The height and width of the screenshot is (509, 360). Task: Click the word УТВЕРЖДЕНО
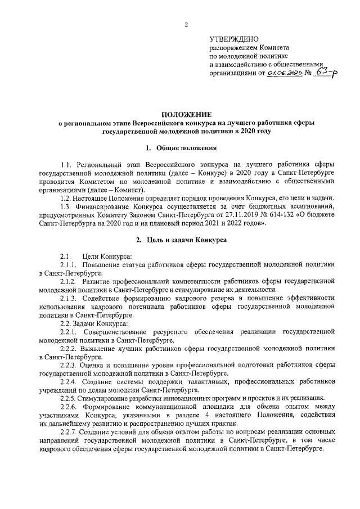click(x=234, y=39)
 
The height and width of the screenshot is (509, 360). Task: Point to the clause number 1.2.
click(x=67, y=199)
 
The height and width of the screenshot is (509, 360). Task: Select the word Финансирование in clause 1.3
click(x=106, y=206)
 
